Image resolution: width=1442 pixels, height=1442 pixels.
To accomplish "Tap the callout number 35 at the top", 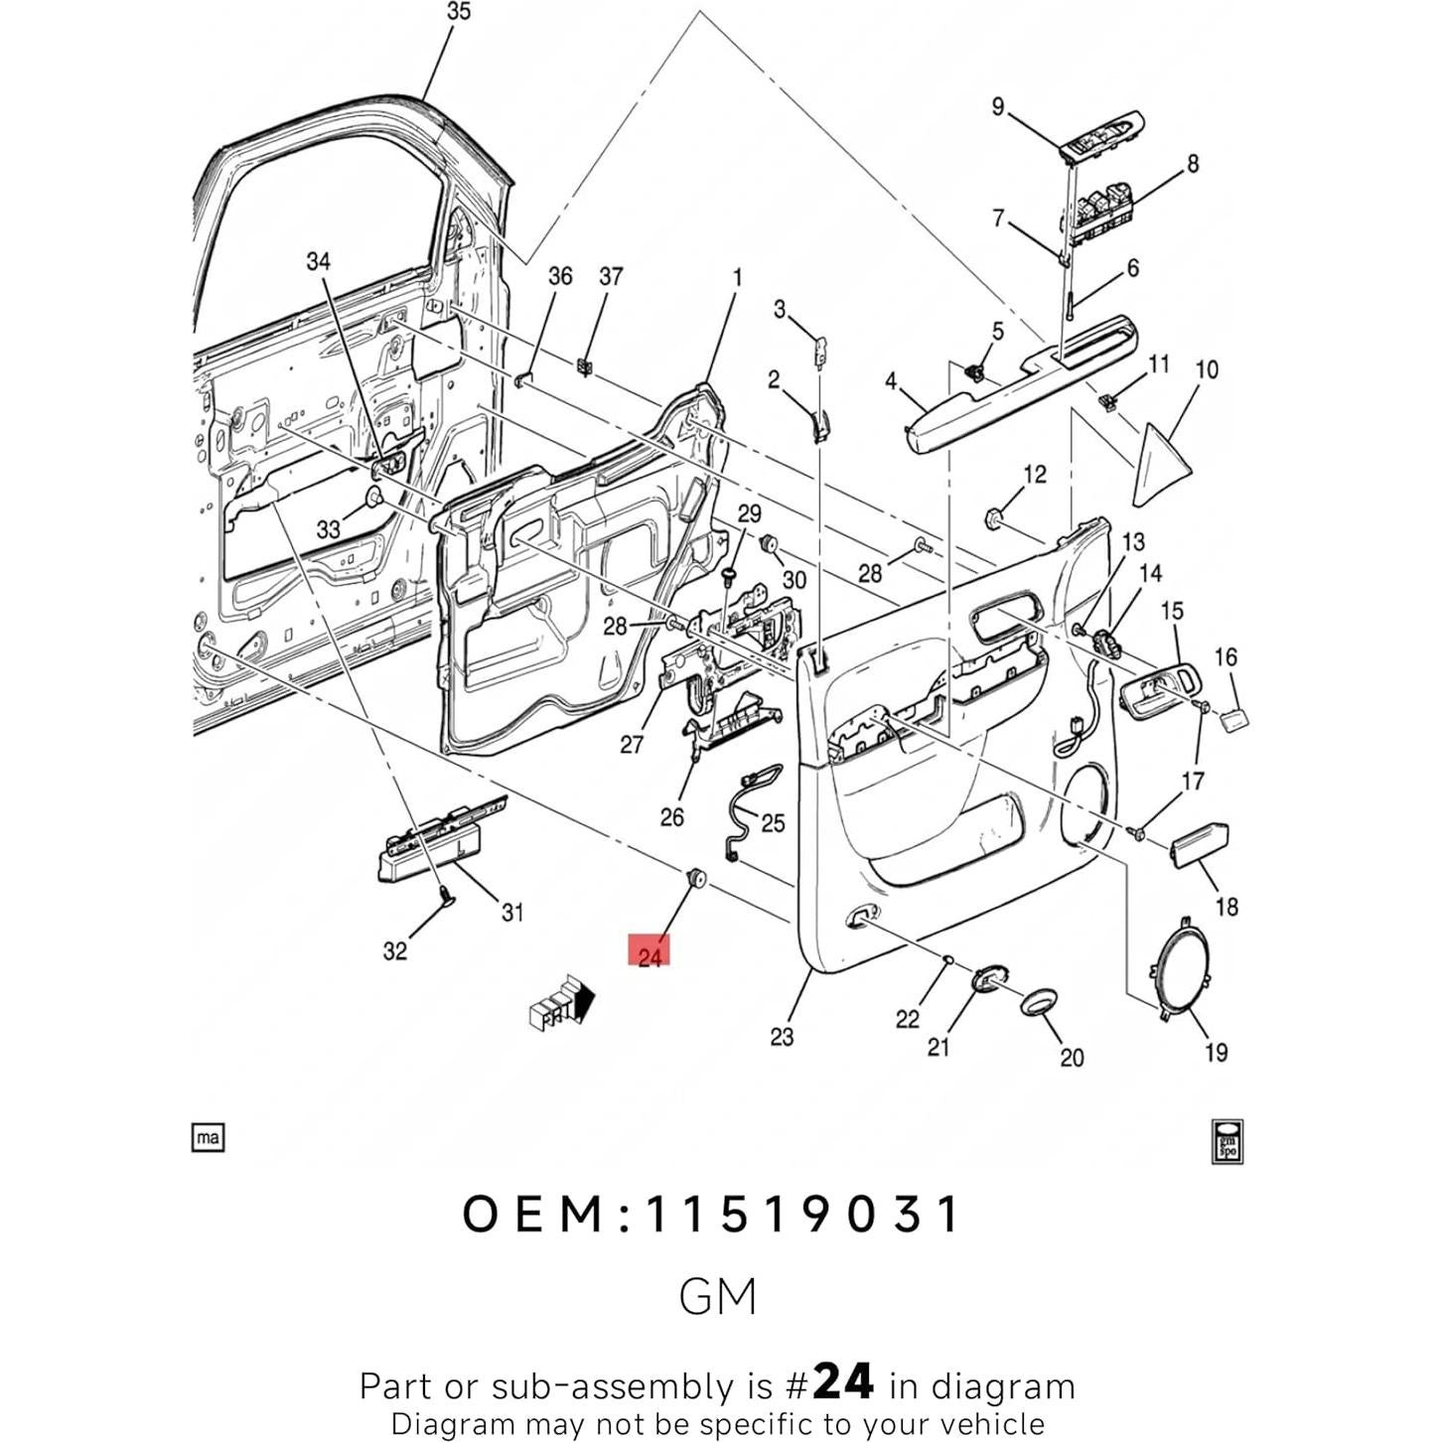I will [x=458, y=12].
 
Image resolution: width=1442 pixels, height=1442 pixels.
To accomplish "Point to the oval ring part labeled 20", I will [x=1039, y=1002].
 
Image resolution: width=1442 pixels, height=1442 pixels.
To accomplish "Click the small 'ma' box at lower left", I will [x=208, y=1137].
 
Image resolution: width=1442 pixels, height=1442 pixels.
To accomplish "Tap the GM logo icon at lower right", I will [x=1227, y=1140].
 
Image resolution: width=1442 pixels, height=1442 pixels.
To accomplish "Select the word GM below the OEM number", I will [x=718, y=1296].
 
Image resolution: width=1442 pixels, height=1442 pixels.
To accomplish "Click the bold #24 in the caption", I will [x=842, y=1381].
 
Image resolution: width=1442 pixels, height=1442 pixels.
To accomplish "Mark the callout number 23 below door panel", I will [x=782, y=1036].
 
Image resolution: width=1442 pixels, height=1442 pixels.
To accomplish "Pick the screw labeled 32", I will [x=443, y=897].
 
